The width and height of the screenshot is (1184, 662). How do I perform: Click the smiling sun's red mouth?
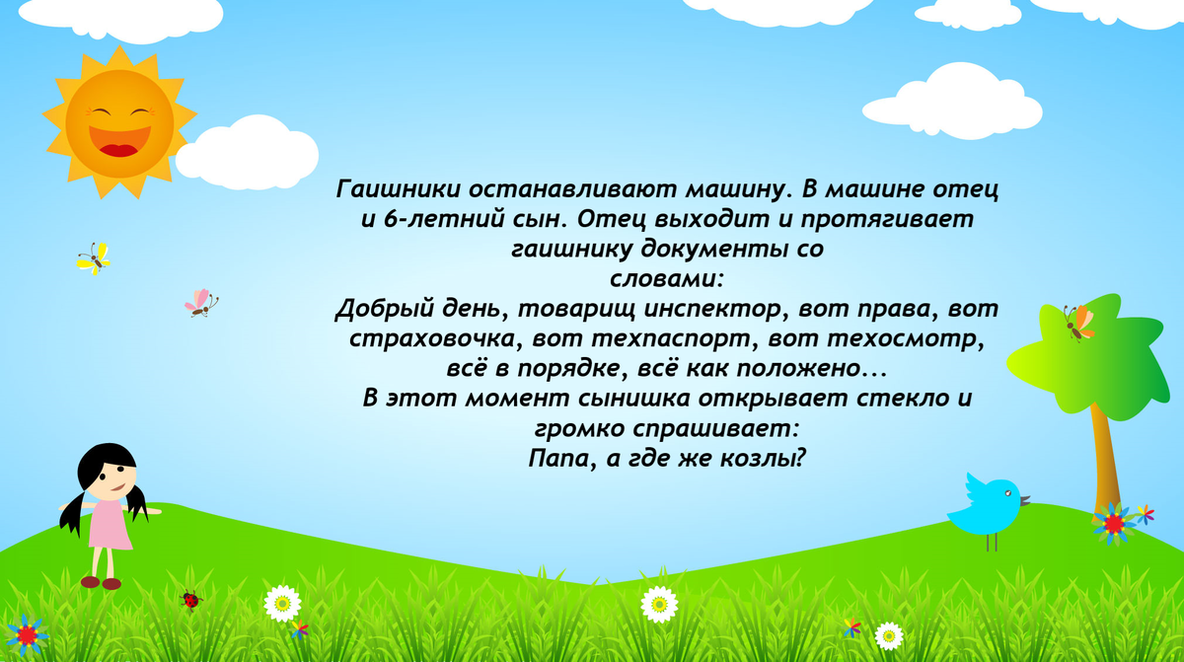(119, 141)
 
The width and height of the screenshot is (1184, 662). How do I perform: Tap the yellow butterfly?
(94, 258)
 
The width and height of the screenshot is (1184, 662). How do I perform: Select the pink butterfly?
(201, 303)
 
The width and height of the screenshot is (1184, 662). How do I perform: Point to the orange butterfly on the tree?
(1078, 324)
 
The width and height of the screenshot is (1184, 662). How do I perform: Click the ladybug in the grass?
(190, 600)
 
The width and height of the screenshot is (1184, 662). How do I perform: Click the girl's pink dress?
(109, 524)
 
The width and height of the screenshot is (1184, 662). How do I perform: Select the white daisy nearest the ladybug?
(282, 604)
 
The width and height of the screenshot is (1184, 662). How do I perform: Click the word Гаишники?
(399, 189)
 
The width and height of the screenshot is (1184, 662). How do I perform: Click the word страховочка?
(432, 338)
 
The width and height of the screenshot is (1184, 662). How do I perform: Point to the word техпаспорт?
(670, 338)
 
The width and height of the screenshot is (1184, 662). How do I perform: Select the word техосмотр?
(904, 338)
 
